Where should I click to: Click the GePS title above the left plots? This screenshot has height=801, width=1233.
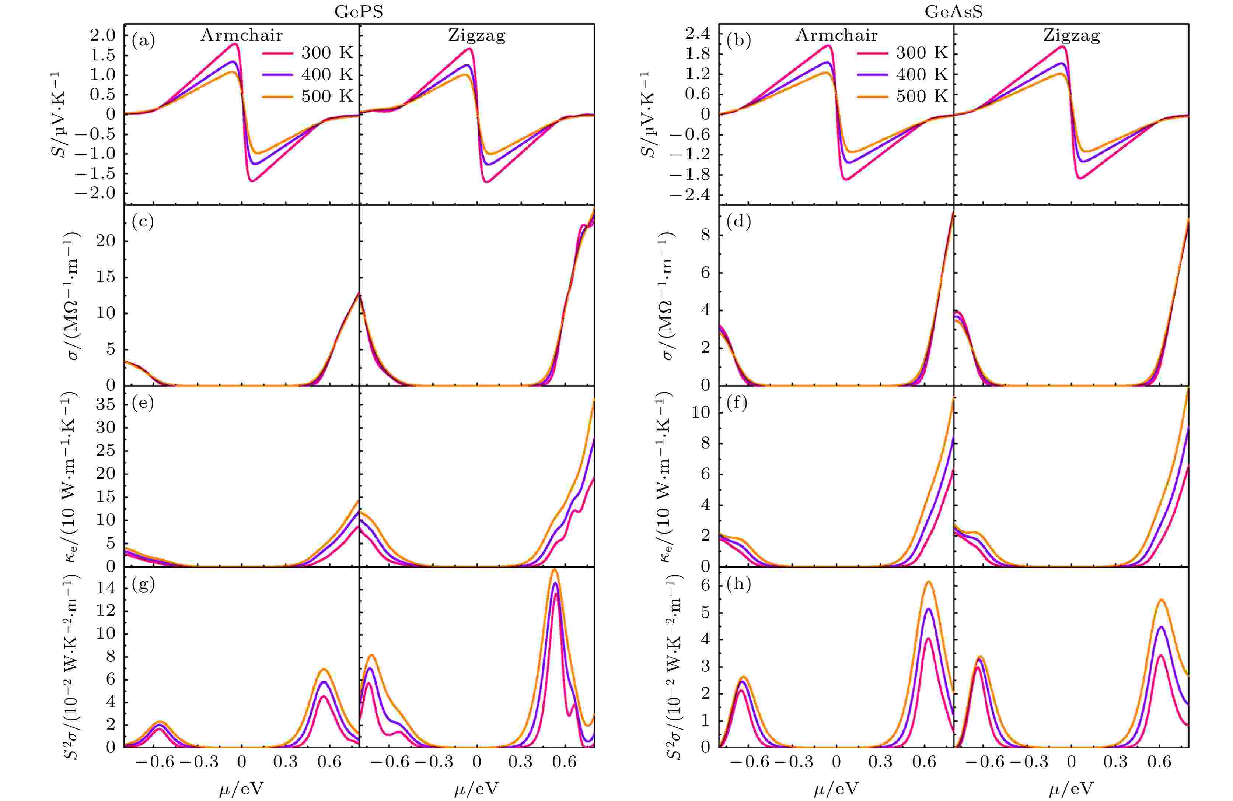pyautogui.click(x=359, y=11)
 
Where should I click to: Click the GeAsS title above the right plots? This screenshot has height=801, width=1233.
pyautogui.click(x=953, y=11)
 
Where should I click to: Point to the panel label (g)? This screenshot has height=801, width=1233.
pyautogui.click(x=143, y=585)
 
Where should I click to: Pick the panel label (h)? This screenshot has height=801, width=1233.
pyautogui.click(x=738, y=585)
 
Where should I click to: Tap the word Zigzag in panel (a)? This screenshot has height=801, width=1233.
pyautogui.click(x=476, y=35)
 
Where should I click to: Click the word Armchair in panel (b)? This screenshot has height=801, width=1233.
pyautogui.click(x=836, y=35)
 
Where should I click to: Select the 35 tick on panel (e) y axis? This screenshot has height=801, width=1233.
pyautogui.click(x=106, y=404)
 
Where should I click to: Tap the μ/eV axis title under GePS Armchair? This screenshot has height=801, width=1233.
pyautogui.click(x=241, y=788)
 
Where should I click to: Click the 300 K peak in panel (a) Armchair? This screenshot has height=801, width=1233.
pyautogui.click(x=235, y=44)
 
